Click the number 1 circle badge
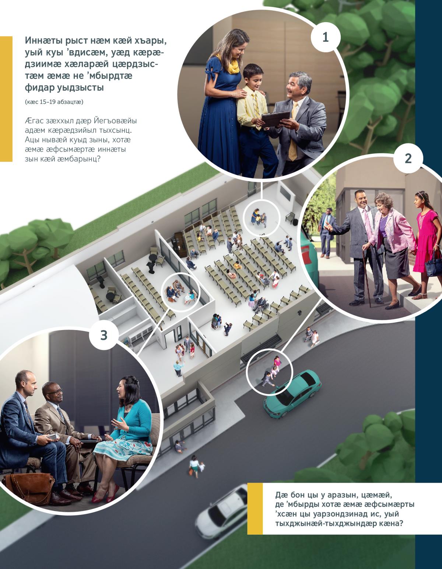325,37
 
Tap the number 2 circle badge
408,159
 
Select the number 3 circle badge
104,335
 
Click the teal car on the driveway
292,393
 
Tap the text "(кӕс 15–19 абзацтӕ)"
54,102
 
